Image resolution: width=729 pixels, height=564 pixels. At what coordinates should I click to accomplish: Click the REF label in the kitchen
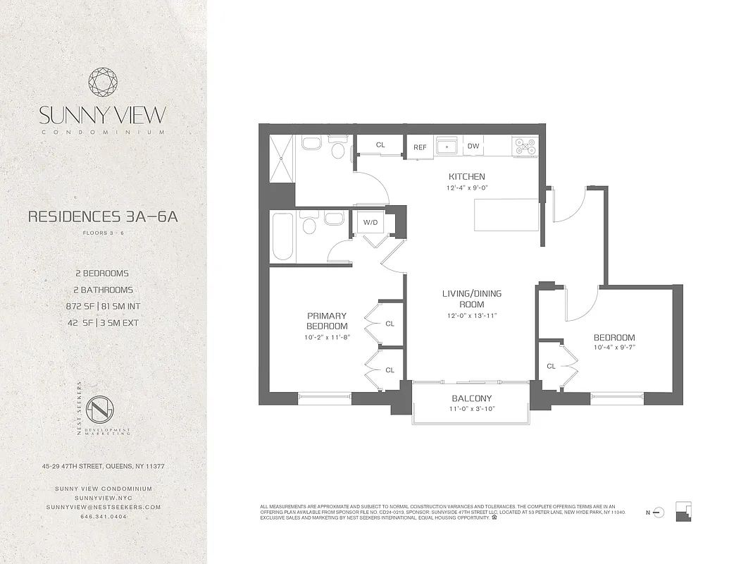(420, 147)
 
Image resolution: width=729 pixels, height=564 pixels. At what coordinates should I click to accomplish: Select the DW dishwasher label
(473, 147)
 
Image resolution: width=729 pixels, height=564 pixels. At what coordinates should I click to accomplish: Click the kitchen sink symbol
(447, 147)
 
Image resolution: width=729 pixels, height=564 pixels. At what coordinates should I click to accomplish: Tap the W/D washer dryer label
(370, 223)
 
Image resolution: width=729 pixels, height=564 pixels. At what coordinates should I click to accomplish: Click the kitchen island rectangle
(506, 214)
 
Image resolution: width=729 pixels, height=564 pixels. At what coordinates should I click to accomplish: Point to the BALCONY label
(471, 398)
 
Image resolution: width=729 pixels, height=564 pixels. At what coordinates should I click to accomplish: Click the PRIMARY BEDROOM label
(327, 321)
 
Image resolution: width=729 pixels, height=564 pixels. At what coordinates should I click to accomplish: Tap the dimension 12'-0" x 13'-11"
(471, 315)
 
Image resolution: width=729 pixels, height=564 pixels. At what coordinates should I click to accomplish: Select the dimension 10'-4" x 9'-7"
(613, 348)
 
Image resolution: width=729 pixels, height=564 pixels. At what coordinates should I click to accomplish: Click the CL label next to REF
(380, 145)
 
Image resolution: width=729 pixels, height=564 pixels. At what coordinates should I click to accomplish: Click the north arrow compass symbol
(659, 511)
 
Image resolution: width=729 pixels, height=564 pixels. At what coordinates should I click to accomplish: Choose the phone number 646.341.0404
(104, 516)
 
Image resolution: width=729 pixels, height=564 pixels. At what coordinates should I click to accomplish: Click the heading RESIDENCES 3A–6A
(103, 216)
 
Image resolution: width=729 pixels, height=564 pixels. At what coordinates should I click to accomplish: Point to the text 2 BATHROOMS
(104, 290)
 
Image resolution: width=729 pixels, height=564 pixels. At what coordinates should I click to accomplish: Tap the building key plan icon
(683, 511)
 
